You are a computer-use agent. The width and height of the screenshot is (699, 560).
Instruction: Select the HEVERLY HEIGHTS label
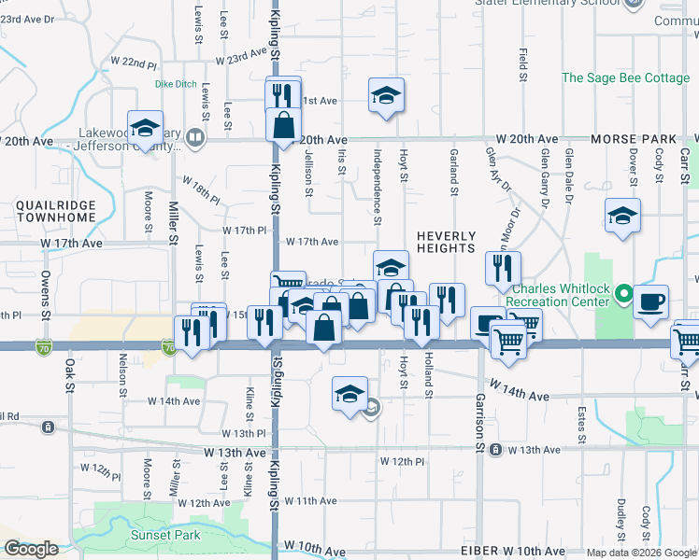coord(446,243)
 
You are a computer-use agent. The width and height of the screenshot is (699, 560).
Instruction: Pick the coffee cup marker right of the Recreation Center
coord(651,302)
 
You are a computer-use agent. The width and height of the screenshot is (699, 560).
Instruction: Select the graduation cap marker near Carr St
coord(622,216)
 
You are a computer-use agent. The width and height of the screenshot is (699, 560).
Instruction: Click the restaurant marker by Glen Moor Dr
coord(504,268)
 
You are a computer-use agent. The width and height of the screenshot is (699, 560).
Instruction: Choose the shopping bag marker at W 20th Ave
coord(282,125)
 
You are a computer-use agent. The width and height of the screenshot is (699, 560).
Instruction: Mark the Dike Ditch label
coord(176,84)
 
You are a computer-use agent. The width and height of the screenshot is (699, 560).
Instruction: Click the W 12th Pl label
coord(403,462)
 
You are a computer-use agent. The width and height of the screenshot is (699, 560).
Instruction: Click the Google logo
coord(32,549)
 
